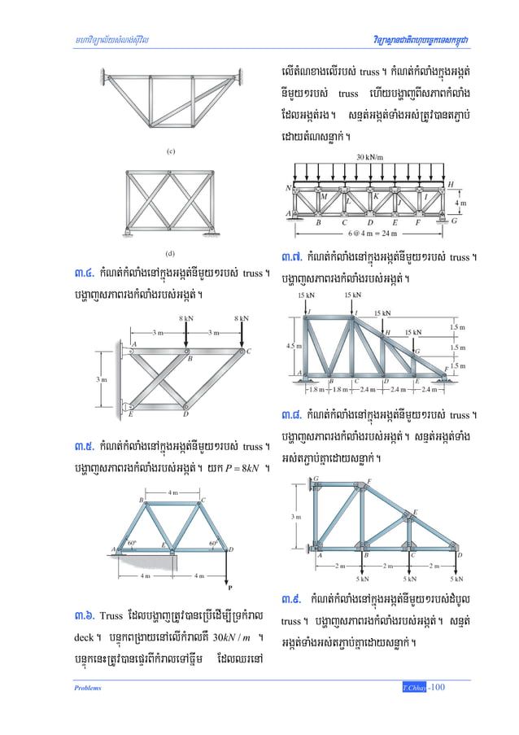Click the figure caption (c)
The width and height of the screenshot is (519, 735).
(x=170, y=151)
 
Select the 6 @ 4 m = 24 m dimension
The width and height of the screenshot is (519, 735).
(x=373, y=233)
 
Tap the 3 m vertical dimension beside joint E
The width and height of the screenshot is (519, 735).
(x=98, y=379)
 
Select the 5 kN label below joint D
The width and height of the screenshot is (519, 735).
(x=456, y=580)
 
